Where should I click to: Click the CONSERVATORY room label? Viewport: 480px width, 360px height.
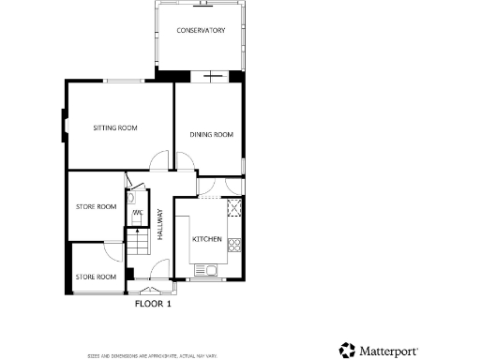click(x=202, y=31)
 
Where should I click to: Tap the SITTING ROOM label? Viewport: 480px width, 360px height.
click(x=115, y=127)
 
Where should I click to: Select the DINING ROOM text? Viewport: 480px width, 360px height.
click(x=211, y=135)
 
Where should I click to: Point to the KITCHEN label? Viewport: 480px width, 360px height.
click(x=206, y=240)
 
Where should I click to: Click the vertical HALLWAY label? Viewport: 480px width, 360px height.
click(x=160, y=225)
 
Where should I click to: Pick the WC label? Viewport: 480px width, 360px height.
click(x=137, y=213)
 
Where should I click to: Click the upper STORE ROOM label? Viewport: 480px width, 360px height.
click(x=96, y=206)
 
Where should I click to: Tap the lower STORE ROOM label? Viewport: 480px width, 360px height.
click(x=96, y=277)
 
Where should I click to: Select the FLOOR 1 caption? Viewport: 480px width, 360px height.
click(x=153, y=304)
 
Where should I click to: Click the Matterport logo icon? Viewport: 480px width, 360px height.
click(x=347, y=350)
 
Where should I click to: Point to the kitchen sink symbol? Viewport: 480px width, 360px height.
click(x=209, y=271)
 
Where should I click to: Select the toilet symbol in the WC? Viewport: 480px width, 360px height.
click(x=137, y=222)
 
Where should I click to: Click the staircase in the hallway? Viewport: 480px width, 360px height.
click(x=137, y=246)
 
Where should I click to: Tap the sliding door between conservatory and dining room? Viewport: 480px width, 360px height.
click(x=214, y=76)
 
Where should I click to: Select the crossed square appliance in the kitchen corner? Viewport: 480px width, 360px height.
click(x=234, y=208)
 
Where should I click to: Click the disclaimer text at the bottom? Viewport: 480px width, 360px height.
click(x=152, y=355)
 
